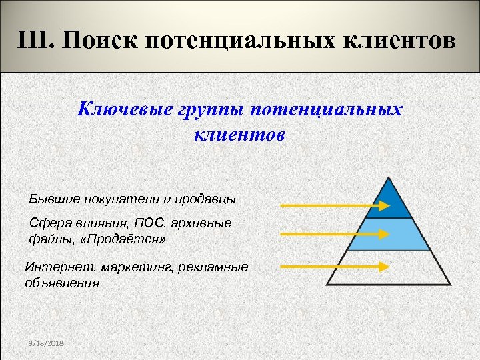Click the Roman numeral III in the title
click(x=36, y=42)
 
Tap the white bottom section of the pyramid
click(x=389, y=268)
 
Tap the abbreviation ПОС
click(x=147, y=223)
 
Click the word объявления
click(x=62, y=282)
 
